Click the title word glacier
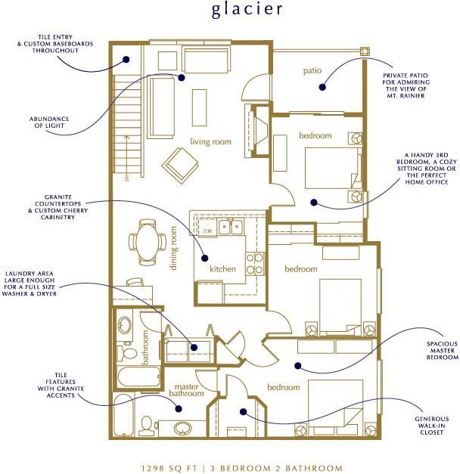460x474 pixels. pos(247,9)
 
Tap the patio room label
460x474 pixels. pos(312,71)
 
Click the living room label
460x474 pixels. pos(210,141)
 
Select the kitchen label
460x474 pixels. pos(222,268)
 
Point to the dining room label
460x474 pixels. pos(173,248)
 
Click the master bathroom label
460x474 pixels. pos(186,390)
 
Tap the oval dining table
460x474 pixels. pos(147,243)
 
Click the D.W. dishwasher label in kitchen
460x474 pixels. pos(207,231)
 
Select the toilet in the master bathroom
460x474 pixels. pos(147,426)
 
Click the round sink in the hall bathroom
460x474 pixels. pos(124,324)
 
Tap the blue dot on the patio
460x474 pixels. pos(322,87)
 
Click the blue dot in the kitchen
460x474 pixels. pos(205,258)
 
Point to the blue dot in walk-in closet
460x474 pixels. pos(244,411)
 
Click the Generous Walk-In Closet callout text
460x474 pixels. pos(431,426)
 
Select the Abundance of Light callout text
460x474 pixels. pos(49,122)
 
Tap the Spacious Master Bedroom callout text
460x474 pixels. pos(442,350)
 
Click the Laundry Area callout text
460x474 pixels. pos(30,283)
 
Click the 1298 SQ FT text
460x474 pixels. pos(169,469)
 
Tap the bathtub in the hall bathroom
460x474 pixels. pos(138,376)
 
